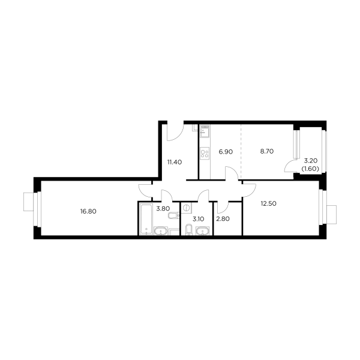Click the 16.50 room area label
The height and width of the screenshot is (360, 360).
coord(88,211)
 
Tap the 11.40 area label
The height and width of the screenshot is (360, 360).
coord(174,161)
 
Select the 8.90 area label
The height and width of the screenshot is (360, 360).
coord(225,152)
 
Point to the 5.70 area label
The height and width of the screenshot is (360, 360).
coord(266,152)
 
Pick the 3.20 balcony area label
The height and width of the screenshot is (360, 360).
coord(310,160)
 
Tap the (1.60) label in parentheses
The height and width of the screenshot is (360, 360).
coord(310,169)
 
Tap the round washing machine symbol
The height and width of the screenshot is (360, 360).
coord(187,208)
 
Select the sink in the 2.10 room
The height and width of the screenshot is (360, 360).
coord(190,232)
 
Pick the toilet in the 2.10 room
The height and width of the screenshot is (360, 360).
coord(203,232)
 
